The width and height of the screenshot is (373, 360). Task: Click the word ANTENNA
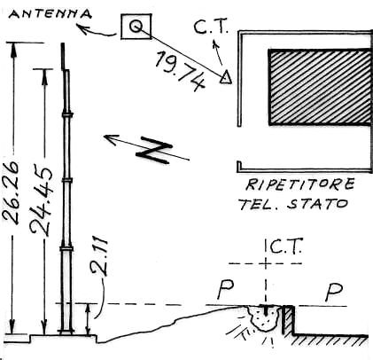[51, 13]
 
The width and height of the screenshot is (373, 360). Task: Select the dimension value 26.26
[12, 192]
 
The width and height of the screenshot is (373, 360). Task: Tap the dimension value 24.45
[42, 201]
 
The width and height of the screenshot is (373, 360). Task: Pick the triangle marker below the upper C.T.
[226, 77]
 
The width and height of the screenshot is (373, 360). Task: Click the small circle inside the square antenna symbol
[136, 27]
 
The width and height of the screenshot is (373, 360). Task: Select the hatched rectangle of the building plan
[319, 87]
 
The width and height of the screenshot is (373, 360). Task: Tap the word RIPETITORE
[300, 184]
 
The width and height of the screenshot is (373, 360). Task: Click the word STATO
[318, 204]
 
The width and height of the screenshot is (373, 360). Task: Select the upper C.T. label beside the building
[211, 26]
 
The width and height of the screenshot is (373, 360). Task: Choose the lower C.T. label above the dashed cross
[285, 247]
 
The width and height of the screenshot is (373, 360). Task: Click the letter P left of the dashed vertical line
[226, 288]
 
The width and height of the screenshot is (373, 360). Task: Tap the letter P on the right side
[334, 292]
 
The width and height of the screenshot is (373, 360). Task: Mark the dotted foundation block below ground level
[264, 317]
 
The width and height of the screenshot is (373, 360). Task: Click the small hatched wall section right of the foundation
[288, 320]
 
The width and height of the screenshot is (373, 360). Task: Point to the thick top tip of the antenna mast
[63, 56]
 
